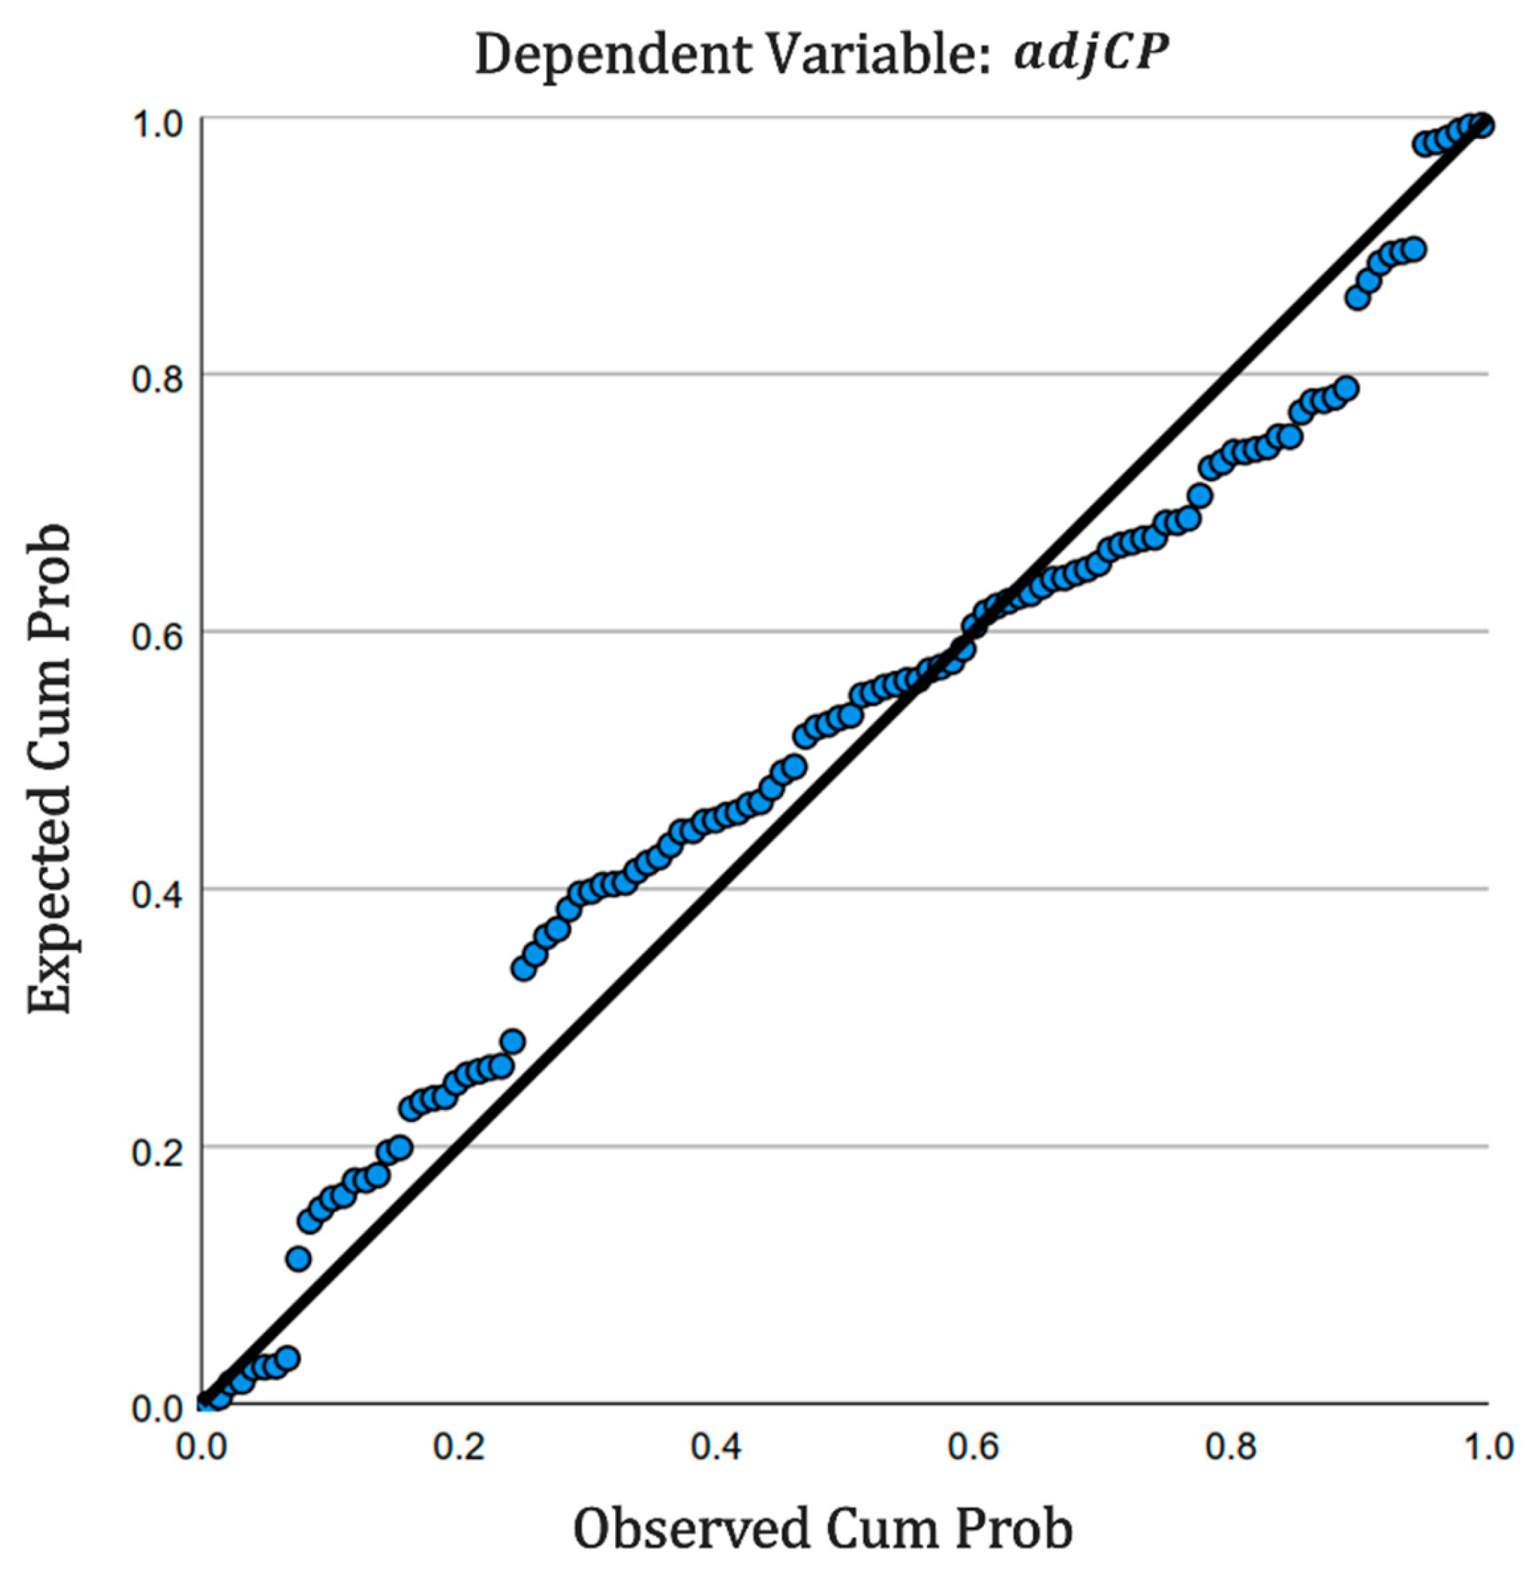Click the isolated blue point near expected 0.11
pyautogui.click(x=298, y=1258)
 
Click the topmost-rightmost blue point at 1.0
pyautogui.click(x=1481, y=125)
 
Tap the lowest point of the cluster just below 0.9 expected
pyautogui.click(x=1358, y=298)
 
